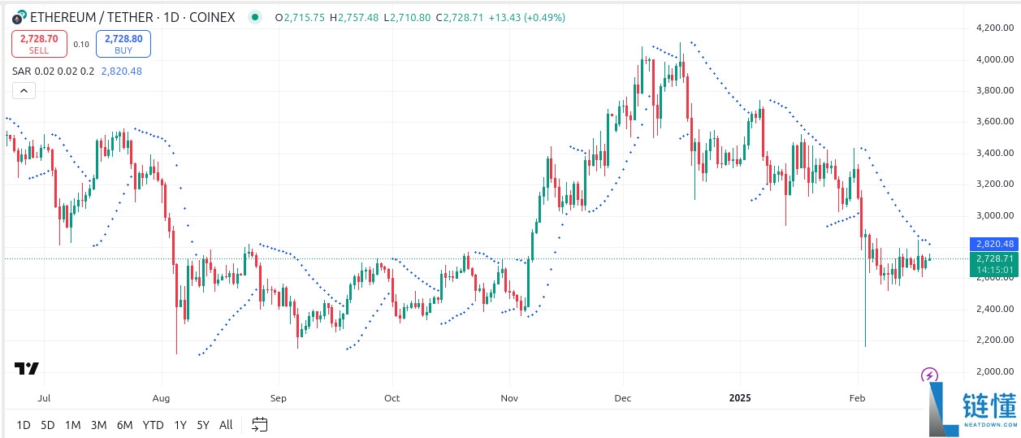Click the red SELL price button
pos(39,43)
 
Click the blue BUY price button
pos(123,43)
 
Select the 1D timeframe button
pos(24,424)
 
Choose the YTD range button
pos(153,424)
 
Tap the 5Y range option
pos(203,424)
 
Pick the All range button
pos(226,424)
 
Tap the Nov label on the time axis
pos(509,398)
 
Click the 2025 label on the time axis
pos(739,398)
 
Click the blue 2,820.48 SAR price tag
pos(994,244)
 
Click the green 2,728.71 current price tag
pos(994,258)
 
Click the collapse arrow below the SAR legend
pos(24,90)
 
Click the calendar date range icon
pos(259,424)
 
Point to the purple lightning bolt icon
pos(930,375)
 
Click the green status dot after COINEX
pos(256,17)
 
